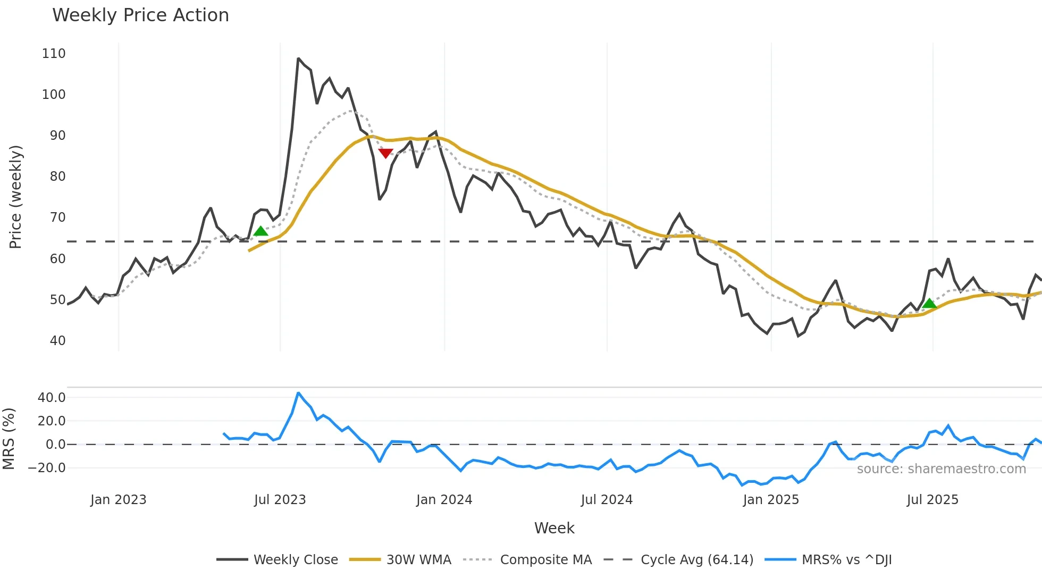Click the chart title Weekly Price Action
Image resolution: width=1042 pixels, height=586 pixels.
point(140,15)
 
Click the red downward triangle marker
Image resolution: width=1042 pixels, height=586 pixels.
point(385,154)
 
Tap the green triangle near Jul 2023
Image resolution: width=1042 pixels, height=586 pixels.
point(260,231)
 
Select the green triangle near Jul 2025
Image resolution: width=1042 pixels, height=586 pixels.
point(929,303)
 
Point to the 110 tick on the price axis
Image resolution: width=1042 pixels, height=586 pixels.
point(54,54)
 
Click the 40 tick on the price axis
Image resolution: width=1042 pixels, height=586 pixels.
point(57,341)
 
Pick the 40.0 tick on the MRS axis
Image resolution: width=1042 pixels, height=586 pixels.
point(52,398)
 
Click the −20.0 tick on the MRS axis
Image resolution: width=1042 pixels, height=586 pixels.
point(47,468)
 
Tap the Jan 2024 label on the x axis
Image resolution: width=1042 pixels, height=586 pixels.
point(444,500)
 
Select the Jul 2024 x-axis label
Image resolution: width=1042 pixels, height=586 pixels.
point(607,500)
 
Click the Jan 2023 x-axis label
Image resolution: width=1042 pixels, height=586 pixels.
point(118,500)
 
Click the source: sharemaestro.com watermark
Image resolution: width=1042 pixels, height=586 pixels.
point(941,469)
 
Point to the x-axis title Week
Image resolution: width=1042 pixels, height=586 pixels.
point(554,528)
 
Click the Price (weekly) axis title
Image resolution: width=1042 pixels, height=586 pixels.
point(15,197)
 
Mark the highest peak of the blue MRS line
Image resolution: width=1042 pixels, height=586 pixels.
point(298,393)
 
